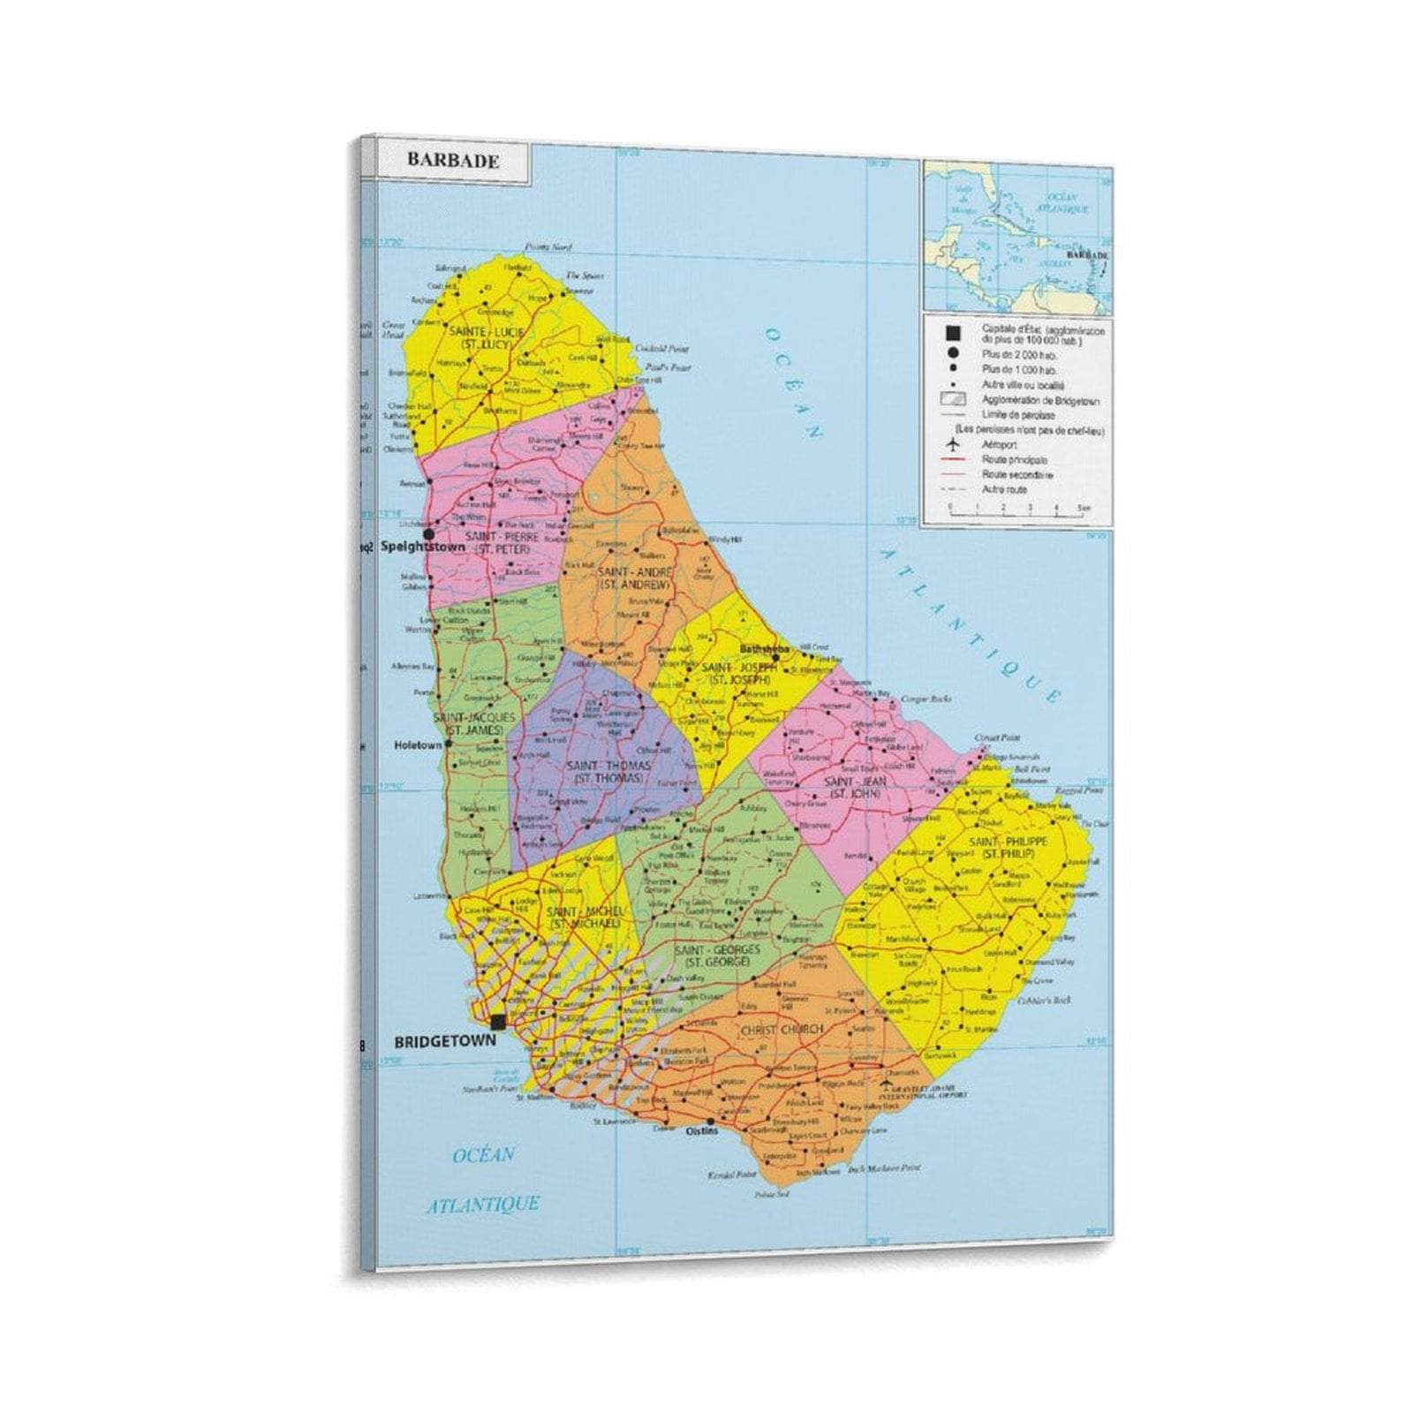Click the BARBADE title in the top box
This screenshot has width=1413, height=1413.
(452, 161)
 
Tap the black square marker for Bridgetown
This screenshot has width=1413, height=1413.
(498, 1022)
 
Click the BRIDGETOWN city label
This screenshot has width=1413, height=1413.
(444, 1042)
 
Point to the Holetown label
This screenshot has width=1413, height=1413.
(417, 745)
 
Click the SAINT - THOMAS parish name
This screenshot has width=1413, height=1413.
(596, 772)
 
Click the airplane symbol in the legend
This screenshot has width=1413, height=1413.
(952, 444)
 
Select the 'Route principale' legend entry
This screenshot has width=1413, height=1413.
(1014, 460)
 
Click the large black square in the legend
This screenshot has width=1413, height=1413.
(952, 333)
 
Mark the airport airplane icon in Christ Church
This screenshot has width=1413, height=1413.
(887, 1082)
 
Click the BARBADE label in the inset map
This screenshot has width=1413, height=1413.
(1087, 254)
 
